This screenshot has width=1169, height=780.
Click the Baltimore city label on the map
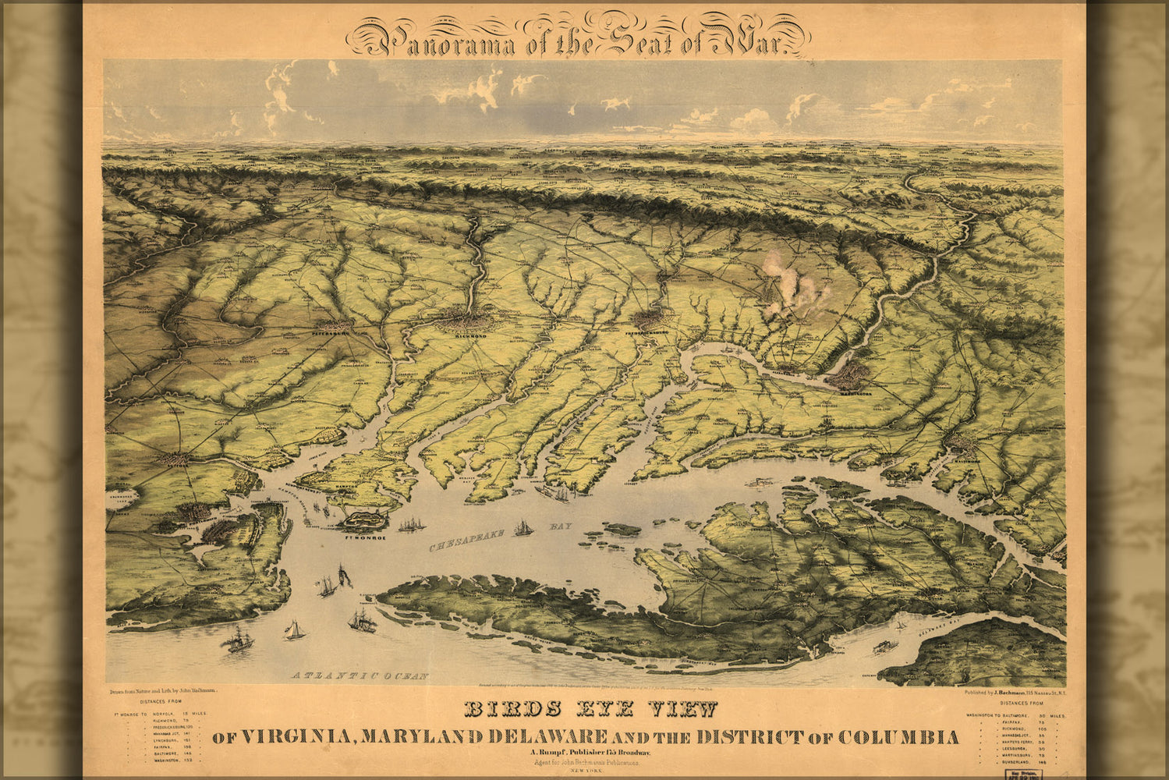pyautogui.click(x=966, y=460)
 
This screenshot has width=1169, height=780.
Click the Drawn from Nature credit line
pyautogui.click(x=159, y=691)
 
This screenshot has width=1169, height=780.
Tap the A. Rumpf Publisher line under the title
pyautogui.click(x=578, y=752)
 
